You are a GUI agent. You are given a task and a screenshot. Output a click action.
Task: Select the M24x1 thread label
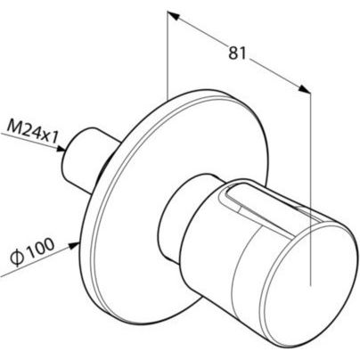point(32,132)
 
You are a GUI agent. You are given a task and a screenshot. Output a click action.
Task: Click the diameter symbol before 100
point(16,259)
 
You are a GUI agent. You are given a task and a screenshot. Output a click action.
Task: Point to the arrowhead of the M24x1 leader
point(61,149)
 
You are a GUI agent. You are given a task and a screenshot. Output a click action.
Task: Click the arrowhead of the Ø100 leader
point(74,245)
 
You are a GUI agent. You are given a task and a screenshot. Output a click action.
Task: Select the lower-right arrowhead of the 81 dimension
point(304,89)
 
